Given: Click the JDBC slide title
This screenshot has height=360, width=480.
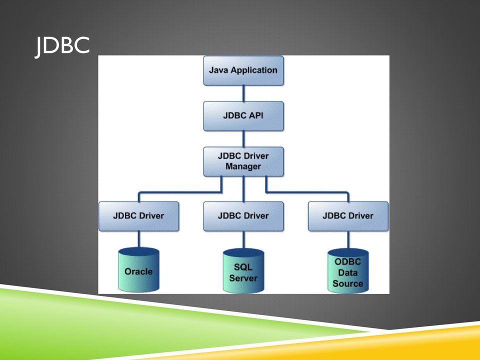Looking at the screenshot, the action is tap(62, 46).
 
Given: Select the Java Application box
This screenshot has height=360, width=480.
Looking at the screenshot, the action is tap(243, 70).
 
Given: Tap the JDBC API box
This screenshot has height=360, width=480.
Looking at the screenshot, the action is tap(243, 116).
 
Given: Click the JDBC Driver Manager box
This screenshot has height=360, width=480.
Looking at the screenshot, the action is tap(243, 161).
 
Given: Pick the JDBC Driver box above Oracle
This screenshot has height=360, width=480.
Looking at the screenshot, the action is tap(138, 216).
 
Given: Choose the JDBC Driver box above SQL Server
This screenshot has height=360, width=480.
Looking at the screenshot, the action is tap(243, 216).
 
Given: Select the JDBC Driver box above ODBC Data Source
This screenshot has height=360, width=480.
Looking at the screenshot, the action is tap(348, 216).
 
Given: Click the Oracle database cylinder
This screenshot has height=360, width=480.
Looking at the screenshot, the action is tap(138, 269).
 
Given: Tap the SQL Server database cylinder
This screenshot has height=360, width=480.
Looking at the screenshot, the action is tap(243, 270).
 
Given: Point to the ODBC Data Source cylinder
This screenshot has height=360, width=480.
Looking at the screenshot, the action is tap(348, 270).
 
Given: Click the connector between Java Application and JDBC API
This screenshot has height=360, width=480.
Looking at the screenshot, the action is tap(243, 93).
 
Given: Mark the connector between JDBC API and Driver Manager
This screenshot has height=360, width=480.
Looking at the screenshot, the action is tap(243, 139).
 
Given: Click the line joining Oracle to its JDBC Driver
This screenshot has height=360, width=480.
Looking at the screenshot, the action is tap(138, 239).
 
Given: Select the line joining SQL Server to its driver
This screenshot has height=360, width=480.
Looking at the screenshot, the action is tap(243, 240).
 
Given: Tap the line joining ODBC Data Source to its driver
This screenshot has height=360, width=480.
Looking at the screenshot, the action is tap(348, 240).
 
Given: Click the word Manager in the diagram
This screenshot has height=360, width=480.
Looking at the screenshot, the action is tap(243, 167).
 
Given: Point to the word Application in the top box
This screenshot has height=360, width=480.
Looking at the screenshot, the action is tap(254, 70).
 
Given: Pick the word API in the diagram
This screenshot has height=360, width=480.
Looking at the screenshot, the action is tap(256, 115).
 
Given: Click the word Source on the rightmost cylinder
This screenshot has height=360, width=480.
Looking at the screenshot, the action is tap(348, 283).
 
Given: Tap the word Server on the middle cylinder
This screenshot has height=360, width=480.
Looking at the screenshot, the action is tap(243, 278).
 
